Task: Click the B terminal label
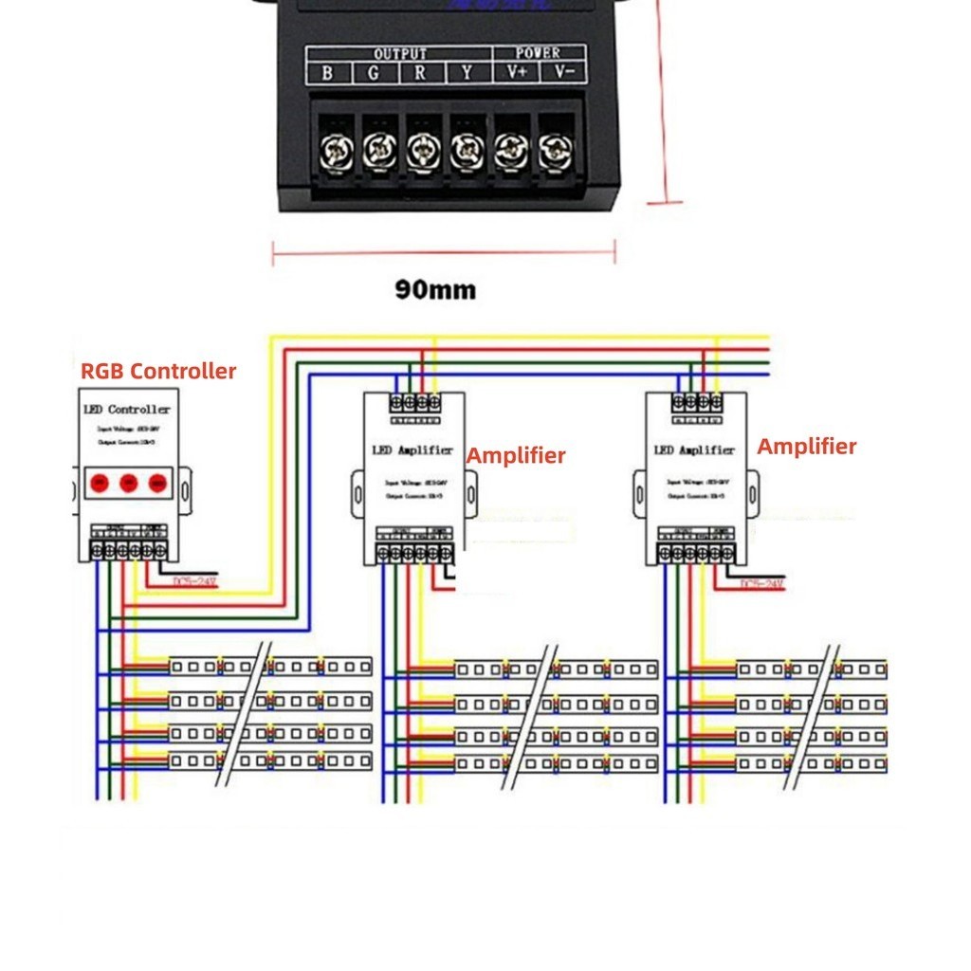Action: pyautogui.click(x=327, y=73)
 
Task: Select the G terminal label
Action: pyautogui.click(x=373, y=73)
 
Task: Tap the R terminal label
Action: pyautogui.click(x=419, y=73)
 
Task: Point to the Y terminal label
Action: pyautogui.click(x=466, y=73)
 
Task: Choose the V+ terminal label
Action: pyautogui.click(x=517, y=73)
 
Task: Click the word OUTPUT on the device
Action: pyautogui.click(x=399, y=54)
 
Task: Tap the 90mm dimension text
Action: pyautogui.click(x=435, y=289)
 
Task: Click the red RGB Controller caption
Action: pyautogui.click(x=158, y=371)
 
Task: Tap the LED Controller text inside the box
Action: pyautogui.click(x=126, y=410)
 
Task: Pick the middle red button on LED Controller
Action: pyautogui.click(x=128, y=484)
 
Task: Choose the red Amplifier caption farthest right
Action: pyautogui.click(x=807, y=446)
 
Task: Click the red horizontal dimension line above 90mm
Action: pyautogui.click(x=444, y=252)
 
